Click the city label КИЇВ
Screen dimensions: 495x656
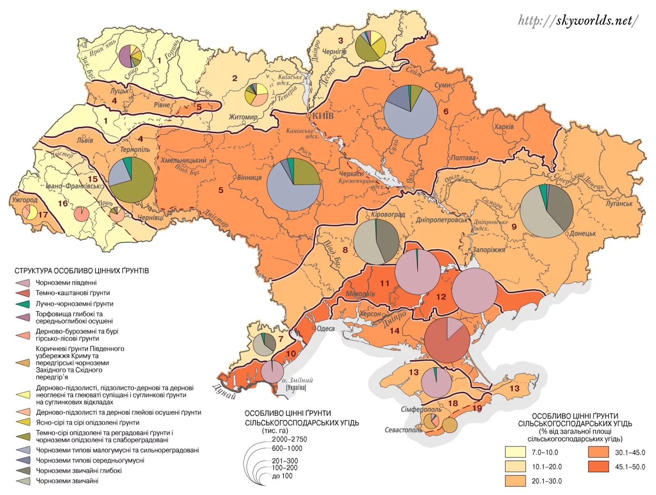tap(323, 116)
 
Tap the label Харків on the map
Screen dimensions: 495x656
tap(504, 126)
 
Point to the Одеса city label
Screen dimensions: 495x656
tap(326, 328)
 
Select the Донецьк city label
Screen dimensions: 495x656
tap(583, 233)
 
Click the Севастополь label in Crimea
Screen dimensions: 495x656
tap(403, 430)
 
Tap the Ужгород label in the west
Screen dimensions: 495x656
tap(25, 200)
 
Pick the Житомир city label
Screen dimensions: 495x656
tap(243, 117)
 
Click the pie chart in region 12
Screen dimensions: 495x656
tap(475, 291)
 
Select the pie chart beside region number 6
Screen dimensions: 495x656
tap(411, 112)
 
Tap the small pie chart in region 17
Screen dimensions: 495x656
tap(30, 212)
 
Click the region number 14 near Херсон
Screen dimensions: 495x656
tap(394, 331)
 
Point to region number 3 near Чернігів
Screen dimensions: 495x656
tap(341, 40)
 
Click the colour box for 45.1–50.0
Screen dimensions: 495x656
tap(598, 467)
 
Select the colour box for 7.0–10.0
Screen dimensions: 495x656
tap(515, 452)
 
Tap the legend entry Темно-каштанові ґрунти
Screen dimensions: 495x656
tap(73, 293)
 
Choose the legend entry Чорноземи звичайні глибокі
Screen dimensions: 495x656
tap(79, 471)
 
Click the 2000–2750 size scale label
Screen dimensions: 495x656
tap(289, 439)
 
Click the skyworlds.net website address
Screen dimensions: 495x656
tap(578, 20)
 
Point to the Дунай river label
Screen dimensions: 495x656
tap(224, 391)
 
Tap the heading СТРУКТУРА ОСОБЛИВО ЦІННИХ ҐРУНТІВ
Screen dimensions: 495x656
tap(82, 271)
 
